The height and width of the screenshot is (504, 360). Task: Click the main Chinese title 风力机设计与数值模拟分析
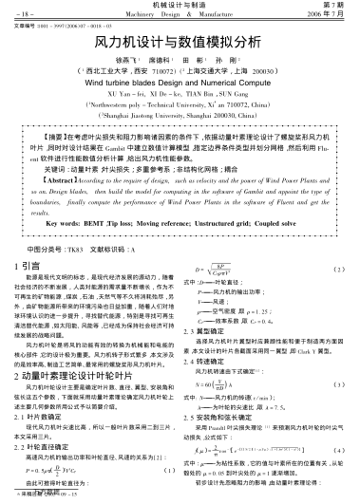180,44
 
